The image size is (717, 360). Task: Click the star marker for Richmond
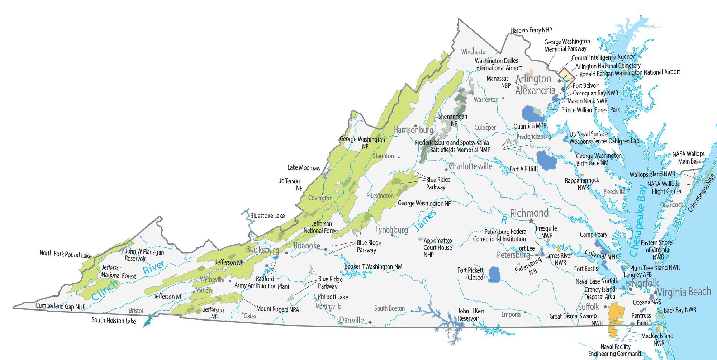pos(531,221)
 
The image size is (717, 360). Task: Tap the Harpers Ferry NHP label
pos(531,30)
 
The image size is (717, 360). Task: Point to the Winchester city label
pos(474,52)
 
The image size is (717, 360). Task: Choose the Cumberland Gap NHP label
pos(60,307)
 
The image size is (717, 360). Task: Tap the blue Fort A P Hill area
pos(546,161)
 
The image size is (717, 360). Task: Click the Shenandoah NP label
pos(453,120)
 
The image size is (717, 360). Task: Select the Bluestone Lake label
pos(267,216)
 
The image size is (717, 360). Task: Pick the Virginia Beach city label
pos(684,292)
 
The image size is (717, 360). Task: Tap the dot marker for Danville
pos(370,322)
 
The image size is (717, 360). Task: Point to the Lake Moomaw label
pos(304,168)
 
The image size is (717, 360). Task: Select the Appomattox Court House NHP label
pos(438,247)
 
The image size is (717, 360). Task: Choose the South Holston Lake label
pos(114,321)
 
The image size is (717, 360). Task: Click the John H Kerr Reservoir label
pos(471,314)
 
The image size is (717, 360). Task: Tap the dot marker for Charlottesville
pos(446,169)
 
